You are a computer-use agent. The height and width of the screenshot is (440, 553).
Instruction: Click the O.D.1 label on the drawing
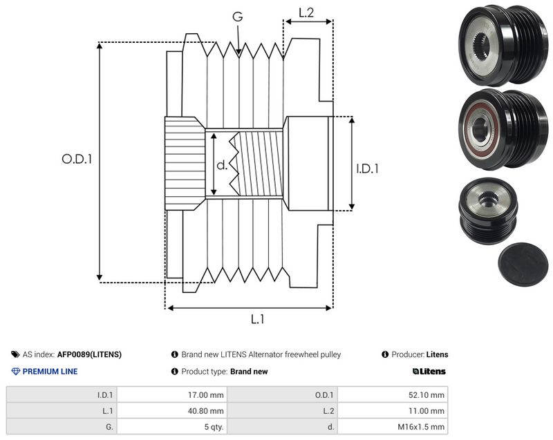coord(77,160)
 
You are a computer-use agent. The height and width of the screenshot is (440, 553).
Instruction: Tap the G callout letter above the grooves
coord(238,16)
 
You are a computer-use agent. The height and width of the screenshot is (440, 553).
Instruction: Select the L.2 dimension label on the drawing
coord(306,12)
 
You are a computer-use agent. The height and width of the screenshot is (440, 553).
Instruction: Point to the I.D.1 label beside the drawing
coord(367,169)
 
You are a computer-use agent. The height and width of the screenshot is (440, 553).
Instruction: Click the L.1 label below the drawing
coord(257,319)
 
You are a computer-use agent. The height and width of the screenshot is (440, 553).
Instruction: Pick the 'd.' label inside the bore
coord(222,164)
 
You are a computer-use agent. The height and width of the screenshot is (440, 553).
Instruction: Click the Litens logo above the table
coord(429,372)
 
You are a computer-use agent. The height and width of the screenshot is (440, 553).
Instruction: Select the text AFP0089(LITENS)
coord(89,354)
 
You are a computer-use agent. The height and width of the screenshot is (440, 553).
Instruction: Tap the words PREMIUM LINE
coord(50,372)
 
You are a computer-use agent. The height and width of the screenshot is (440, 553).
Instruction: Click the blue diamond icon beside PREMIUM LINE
coord(16,372)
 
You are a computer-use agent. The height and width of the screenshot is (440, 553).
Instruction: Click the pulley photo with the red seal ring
coord(503,129)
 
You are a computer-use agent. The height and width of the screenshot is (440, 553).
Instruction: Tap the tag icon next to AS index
coord(15,354)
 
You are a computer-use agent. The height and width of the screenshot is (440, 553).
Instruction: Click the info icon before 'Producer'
coord(385,354)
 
